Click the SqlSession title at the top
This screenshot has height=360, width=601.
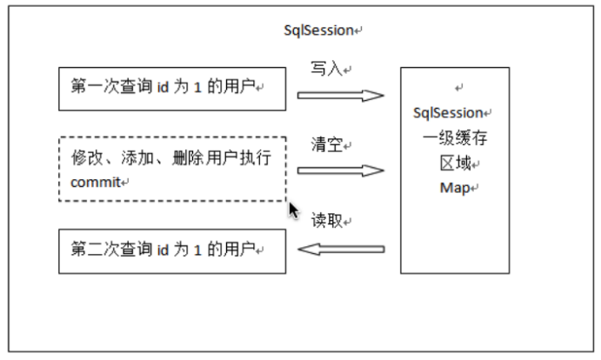tap(318, 30)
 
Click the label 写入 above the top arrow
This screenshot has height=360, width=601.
tap(326, 69)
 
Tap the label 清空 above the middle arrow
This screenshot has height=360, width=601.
tap(326, 144)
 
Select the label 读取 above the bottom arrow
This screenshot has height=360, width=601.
tap(326, 220)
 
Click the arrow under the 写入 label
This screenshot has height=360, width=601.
tap(341, 96)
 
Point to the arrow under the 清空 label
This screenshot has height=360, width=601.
tap(341, 170)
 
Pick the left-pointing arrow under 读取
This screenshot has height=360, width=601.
tap(341, 250)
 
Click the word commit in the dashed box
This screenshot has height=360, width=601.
tap(96, 182)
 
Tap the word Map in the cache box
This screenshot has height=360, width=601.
tap(455, 188)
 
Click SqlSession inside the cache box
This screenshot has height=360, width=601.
tap(448, 113)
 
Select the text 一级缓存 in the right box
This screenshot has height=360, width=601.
tap(455, 137)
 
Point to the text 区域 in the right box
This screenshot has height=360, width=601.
tap(456, 163)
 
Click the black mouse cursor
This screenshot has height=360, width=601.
tap(294, 210)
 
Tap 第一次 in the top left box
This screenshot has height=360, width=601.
tap(95, 86)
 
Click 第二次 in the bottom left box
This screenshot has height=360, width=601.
tap(95, 250)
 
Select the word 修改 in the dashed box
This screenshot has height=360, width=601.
tap(87, 157)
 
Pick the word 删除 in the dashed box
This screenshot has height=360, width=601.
tap(188, 157)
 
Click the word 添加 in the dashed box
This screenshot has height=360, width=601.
tap(137, 157)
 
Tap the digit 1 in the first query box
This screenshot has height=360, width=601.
tap(197, 88)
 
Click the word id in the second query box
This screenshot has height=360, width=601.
tap(163, 250)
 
